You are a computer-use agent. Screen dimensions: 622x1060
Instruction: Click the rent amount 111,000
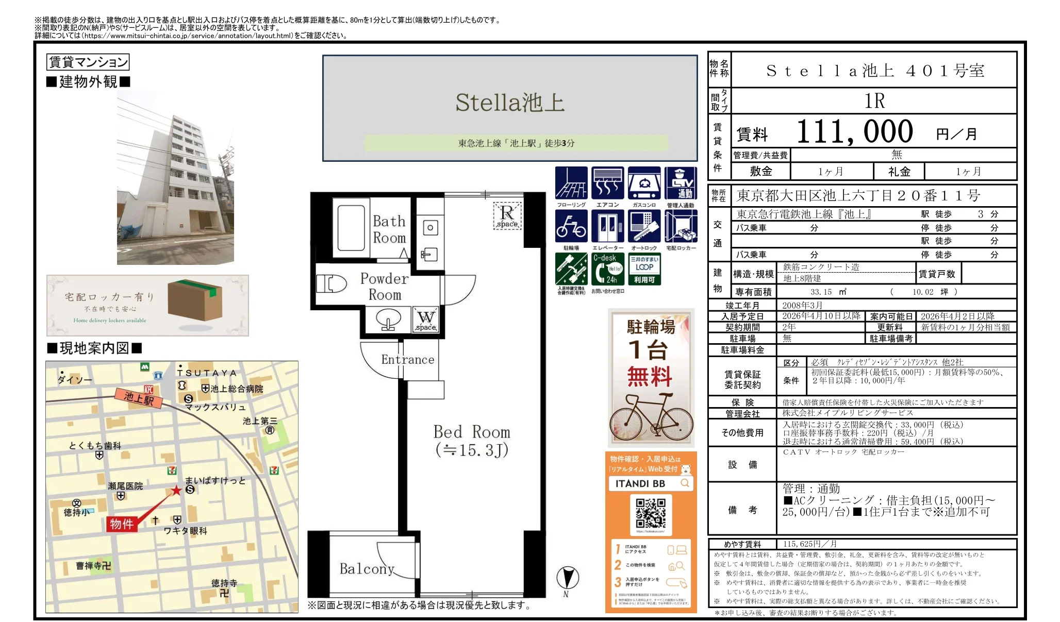[854, 132]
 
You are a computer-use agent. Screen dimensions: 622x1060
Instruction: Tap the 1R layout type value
[874, 101]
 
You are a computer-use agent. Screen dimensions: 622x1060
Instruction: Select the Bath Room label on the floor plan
[389, 229]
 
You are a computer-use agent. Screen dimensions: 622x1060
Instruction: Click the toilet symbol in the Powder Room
[330, 283]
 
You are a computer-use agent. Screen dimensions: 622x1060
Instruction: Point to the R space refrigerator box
[507, 215]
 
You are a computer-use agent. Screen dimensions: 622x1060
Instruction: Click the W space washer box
[426, 320]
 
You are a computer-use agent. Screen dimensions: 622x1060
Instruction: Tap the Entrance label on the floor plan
[407, 360]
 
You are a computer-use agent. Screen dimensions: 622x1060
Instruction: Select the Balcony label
[367, 569]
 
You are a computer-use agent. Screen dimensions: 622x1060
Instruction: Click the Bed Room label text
[472, 432]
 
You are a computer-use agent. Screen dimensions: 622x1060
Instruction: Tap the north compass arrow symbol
[568, 578]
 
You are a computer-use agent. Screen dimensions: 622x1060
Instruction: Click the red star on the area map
[176, 490]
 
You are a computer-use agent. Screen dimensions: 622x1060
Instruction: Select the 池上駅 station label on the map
[139, 398]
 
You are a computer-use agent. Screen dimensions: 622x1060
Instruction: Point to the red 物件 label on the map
[122, 524]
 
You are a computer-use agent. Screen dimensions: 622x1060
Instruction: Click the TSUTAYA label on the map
[207, 373]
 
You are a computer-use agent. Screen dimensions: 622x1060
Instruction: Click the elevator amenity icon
[607, 226]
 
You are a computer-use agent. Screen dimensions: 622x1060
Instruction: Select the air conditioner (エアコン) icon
[607, 183]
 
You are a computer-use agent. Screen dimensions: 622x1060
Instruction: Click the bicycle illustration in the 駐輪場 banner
[651, 416]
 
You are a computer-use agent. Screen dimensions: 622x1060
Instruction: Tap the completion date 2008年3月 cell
[802, 306]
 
